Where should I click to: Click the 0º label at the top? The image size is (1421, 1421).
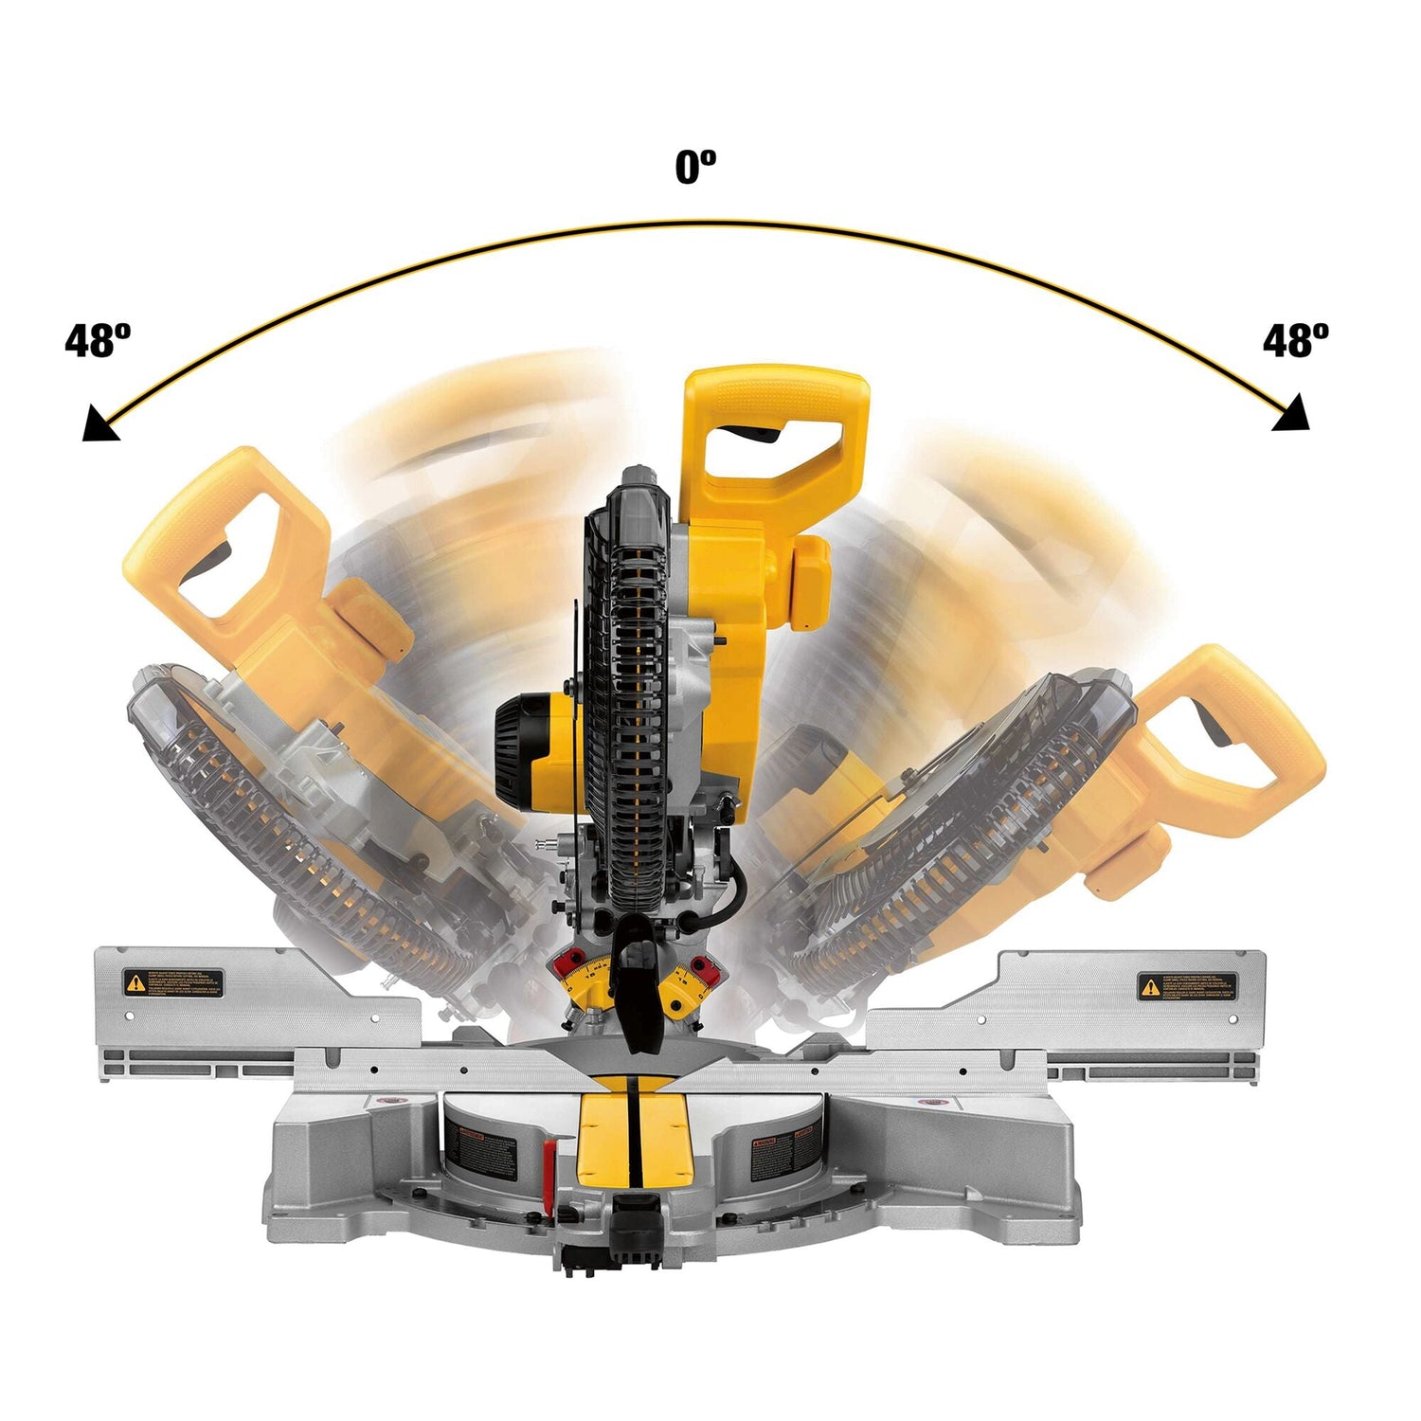tap(695, 168)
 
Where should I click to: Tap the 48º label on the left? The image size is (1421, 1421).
tap(98, 340)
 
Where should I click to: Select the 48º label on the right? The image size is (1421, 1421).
tap(1295, 340)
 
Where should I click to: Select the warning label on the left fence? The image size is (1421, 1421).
tap(173, 983)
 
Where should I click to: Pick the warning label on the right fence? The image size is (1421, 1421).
tap(1187, 986)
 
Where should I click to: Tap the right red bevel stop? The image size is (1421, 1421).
tap(702, 967)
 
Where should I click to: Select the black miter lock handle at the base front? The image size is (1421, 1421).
tap(637, 1222)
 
